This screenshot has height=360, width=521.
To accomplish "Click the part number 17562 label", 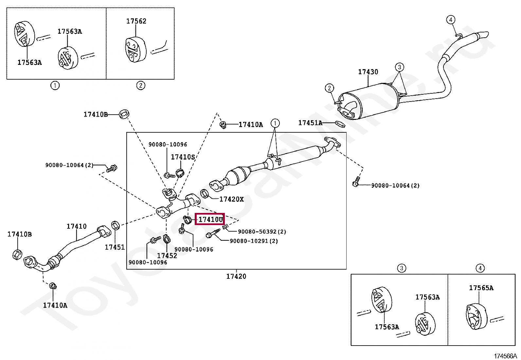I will point(136,21).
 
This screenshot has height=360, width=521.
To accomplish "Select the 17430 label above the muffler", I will point(368,72).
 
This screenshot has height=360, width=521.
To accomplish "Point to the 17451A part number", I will point(310,123).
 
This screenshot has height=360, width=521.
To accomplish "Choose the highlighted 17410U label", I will point(210,219).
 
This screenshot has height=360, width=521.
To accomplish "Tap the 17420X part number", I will point(231,199).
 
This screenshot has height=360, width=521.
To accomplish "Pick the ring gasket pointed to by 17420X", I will point(205,194).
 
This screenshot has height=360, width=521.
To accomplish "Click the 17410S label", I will point(183,157).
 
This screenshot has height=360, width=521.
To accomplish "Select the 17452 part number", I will point(167,256).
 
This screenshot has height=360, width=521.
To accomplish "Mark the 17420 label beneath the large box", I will point(236,276).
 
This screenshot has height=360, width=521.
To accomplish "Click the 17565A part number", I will point(481,288).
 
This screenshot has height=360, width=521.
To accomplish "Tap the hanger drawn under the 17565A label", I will point(476,316).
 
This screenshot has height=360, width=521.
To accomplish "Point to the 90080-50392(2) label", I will point(262,232).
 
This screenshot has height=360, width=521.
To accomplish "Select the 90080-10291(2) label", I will point(254,241).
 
